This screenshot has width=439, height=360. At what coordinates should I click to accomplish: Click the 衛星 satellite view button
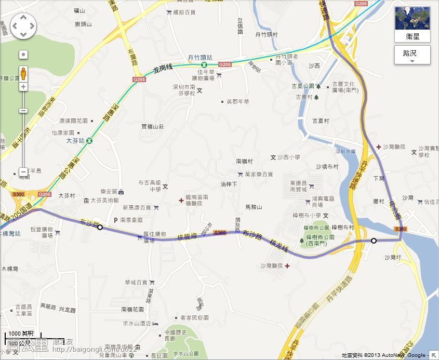coord(413,24)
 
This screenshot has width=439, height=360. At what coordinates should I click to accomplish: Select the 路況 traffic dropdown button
coord(413,54)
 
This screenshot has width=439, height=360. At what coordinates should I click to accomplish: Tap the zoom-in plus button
coord(23,87)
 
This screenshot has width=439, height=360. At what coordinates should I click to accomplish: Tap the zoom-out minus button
coord(23,171)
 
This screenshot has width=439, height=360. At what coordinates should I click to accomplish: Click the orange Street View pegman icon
coord(23,72)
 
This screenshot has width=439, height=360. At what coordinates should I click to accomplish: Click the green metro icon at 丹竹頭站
coord(204,64)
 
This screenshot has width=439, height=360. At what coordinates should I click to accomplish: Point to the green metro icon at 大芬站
coord(90,140)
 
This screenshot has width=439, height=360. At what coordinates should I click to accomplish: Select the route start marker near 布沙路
coord(100,227)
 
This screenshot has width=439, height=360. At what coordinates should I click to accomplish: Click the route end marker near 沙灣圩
coord(374,241)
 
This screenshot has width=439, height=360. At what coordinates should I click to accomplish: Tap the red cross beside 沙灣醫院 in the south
coord(287,266)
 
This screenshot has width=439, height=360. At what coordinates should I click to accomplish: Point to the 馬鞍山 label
coord(254,207)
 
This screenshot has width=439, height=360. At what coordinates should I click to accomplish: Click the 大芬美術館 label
coord(104,200)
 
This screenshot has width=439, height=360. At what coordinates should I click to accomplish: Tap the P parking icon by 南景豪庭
coord(116,220)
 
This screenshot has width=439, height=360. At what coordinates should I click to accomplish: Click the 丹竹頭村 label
coord(266,34)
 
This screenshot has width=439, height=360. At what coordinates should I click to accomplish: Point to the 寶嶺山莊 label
coord(153,126)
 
